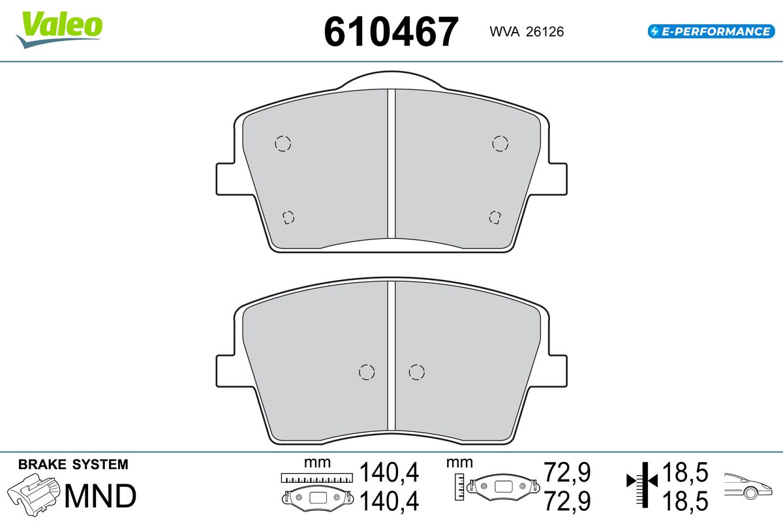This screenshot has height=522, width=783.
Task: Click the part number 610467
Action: [x=391, y=32]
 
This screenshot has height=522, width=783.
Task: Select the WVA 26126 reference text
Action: [x=527, y=32]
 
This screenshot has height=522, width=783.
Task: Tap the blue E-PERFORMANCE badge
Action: [x=711, y=31]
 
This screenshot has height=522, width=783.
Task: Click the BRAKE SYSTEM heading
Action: [x=73, y=465]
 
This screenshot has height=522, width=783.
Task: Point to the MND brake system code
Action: [x=100, y=496]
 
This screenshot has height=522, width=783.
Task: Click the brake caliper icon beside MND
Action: [x=33, y=495]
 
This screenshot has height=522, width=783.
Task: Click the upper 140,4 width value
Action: [x=389, y=472]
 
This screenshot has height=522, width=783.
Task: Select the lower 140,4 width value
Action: [x=389, y=501]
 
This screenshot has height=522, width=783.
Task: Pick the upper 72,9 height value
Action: [x=567, y=472]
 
